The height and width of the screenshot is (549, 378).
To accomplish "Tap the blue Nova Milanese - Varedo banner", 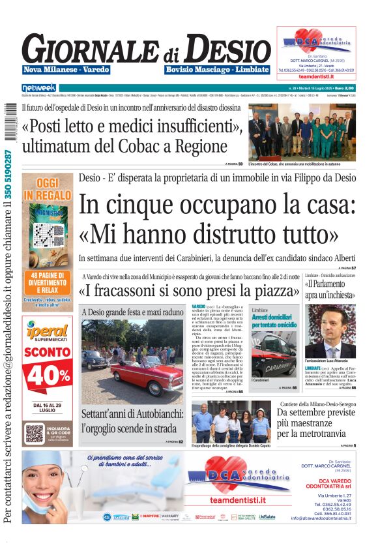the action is [x=66, y=70].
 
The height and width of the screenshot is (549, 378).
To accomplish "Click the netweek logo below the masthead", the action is [x=39, y=87].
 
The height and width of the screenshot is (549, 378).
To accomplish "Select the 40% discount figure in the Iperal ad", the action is [x=48, y=374].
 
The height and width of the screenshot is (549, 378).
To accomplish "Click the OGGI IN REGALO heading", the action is [x=47, y=189].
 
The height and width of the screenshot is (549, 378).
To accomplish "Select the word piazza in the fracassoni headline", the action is [x=274, y=289].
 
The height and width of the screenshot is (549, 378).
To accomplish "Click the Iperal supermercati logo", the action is [x=47, y=333].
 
